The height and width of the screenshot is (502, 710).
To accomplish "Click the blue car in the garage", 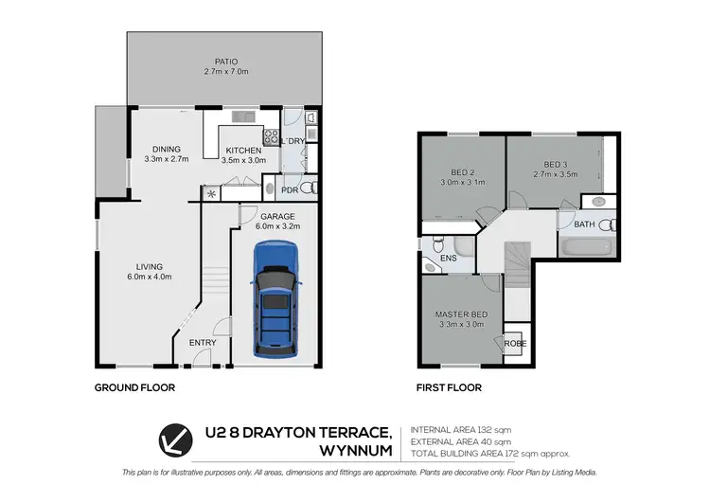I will [x=275, y=302].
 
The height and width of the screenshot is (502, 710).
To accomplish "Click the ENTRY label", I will [x=202, y=343].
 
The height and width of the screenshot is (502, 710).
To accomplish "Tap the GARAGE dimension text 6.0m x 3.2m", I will [x=277, y=226].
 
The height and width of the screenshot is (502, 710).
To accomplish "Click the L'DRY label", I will [x=295, y=141].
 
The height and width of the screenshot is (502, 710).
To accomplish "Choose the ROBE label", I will [x=515, y=344].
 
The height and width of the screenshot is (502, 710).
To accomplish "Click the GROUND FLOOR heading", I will [x=134, y=387].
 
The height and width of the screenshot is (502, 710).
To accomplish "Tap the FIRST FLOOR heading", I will [x=450, y=387].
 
